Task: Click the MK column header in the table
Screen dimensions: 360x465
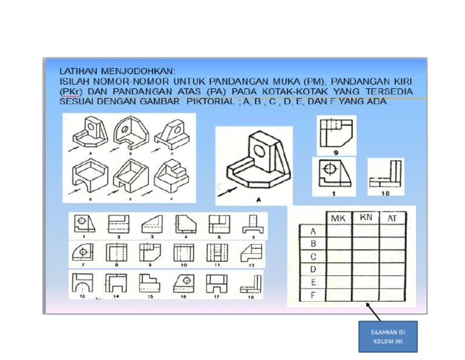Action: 338,218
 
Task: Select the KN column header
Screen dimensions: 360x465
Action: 366,217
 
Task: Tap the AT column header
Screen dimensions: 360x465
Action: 392,218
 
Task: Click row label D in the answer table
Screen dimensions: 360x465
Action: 313,269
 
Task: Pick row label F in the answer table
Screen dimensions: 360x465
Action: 313,295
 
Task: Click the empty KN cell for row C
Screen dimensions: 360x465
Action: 366,256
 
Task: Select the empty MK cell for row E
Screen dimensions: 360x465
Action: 338,282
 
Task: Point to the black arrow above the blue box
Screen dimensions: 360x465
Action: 374,312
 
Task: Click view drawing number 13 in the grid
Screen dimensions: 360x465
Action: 82,283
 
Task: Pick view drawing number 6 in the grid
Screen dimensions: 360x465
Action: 252,224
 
